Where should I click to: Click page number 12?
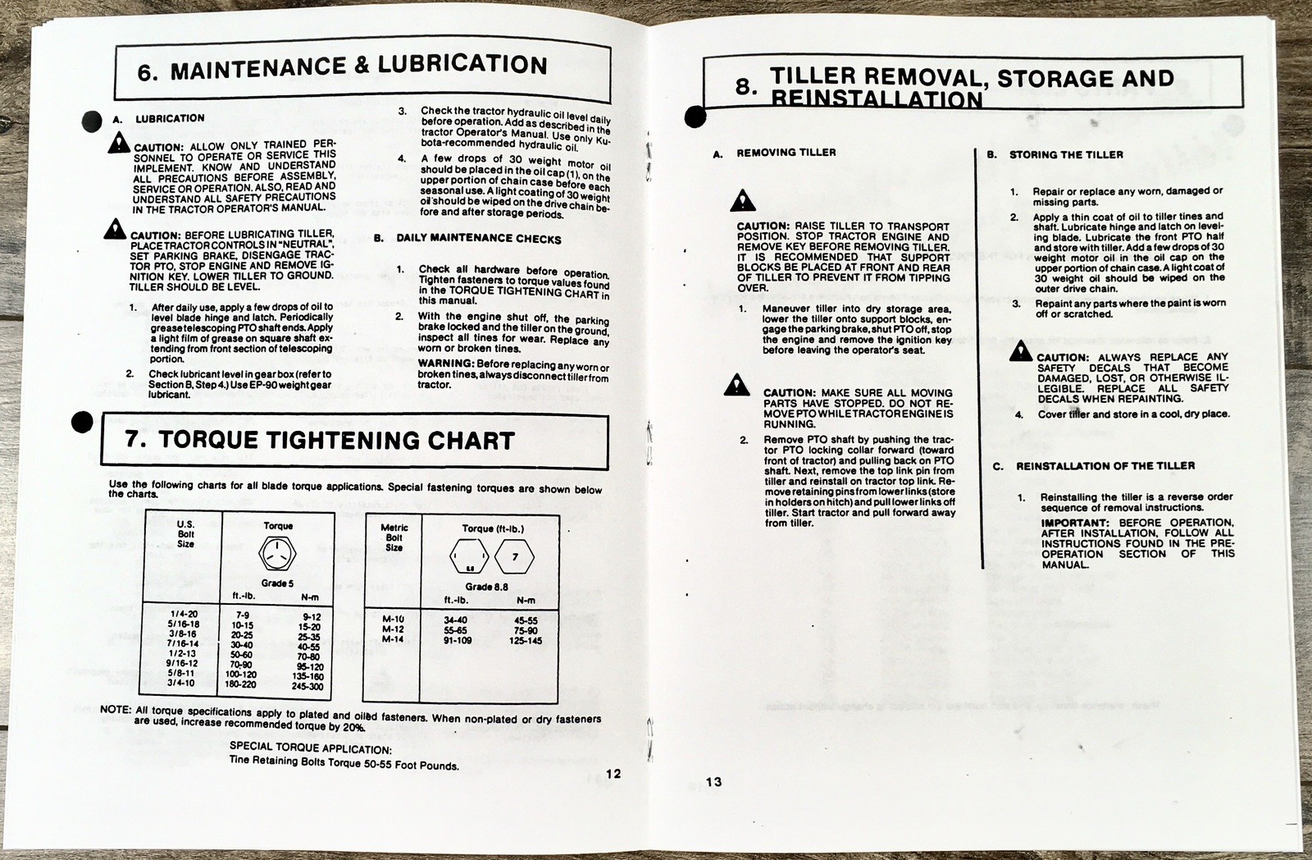[x=613, y=773]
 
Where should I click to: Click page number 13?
[x=714, y=781]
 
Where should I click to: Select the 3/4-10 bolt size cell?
[x=182, y=683]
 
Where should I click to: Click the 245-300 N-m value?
[x=307, y=687]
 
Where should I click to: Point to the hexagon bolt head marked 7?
[x=515, y=558]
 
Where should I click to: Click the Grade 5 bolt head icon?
[x=277, y=554]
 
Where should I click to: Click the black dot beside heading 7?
[x=83, y=422]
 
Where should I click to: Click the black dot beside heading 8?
[x=695, y=117]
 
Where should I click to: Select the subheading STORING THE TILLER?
[x=1066, y=154]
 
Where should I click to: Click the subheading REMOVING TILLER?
[x=786, y=153]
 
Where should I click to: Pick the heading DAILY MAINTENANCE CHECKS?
[x=479, y=239]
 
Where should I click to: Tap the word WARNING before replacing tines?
[x=445, y=363]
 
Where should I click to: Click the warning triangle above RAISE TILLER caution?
[x=743, y=199]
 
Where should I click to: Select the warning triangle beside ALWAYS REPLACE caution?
[x=1020, y=352]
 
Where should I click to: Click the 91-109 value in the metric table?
[x=458, y=640]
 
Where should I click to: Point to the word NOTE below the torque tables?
[x=115, y=709]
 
